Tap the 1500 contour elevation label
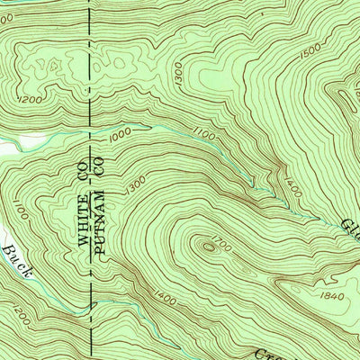coord(312,55)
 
